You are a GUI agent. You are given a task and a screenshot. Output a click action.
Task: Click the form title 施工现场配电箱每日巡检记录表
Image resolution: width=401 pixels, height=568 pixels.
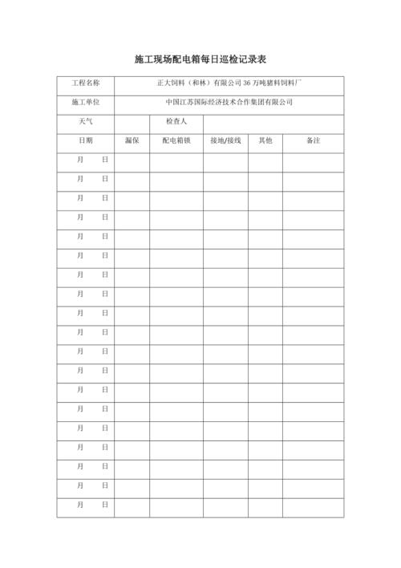200,59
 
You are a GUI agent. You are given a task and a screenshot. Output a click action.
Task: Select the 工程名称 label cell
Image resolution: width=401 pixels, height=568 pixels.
86,83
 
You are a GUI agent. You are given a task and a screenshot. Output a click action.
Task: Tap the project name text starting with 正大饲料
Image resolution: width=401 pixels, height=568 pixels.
229,83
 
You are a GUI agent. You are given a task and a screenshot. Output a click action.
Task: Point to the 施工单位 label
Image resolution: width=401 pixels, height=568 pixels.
86,102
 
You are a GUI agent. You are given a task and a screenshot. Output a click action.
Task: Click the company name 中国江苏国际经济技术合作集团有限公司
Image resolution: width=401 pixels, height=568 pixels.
229,102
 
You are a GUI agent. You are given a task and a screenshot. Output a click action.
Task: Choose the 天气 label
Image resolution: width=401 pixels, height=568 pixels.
86,121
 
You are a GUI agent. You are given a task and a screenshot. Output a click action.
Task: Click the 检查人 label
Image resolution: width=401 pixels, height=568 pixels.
176,121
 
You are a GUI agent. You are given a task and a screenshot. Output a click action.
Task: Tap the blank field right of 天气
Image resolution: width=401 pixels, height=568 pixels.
132,121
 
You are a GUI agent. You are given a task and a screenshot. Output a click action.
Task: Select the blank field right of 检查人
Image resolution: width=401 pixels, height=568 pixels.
273,121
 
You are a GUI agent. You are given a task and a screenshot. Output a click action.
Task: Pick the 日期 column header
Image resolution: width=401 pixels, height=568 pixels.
86,140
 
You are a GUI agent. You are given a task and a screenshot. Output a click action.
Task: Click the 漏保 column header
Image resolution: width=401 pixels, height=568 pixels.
132,140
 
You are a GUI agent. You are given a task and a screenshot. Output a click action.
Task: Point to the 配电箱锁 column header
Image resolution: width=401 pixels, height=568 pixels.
176,140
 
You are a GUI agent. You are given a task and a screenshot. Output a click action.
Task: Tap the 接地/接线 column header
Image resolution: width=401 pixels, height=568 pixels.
225,140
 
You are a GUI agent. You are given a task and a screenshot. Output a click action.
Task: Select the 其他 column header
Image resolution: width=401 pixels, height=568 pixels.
265,140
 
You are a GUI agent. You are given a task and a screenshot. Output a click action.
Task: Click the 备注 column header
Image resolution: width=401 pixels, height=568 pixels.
313,140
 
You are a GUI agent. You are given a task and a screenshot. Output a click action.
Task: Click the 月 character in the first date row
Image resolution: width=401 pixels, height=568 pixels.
79,160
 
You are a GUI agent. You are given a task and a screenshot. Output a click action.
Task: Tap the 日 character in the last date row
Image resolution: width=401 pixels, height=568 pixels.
104,505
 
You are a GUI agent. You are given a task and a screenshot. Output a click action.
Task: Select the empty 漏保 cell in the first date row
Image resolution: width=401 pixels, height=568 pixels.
132,160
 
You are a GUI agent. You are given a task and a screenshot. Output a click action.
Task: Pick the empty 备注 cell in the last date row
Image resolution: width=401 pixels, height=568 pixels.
313,505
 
